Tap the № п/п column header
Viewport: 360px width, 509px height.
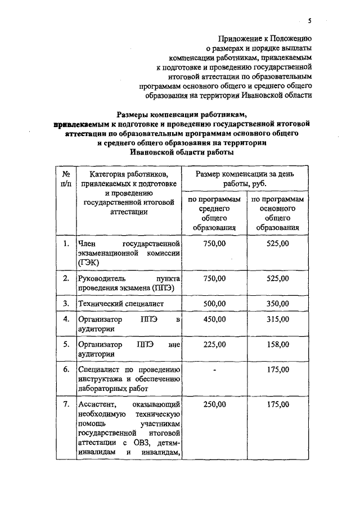(66, 179)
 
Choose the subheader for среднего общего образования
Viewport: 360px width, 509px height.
(214, 214)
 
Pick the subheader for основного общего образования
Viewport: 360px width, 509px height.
(277, 214)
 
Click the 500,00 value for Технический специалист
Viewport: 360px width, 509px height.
(214, 304)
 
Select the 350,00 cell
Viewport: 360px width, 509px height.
(277, 304)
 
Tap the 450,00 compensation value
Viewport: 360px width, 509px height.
(214, 319)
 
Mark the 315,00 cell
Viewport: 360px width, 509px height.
(277, 319)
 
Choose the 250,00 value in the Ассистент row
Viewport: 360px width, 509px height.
(214, 404)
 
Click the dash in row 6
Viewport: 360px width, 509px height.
(214, 370)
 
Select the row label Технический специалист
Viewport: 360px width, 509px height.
(121, 304)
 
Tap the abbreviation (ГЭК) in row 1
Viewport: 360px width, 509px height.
(90, 262)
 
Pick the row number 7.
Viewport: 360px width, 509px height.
(66, 404)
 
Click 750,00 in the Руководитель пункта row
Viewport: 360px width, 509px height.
(214, 278)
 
